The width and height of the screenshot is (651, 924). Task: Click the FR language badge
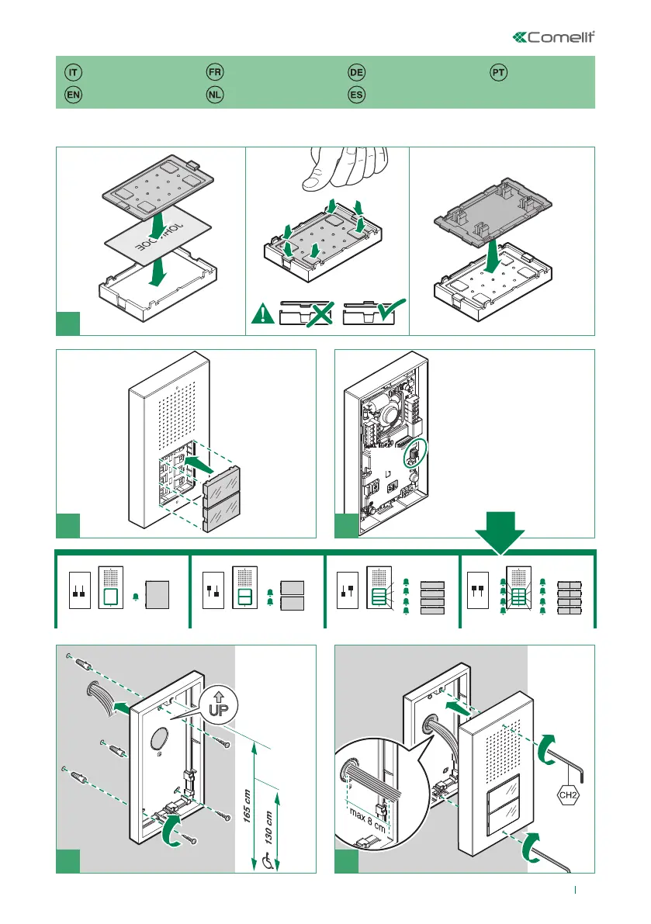(x=215, y=72)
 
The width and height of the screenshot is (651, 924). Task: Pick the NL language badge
(x=215, y=95)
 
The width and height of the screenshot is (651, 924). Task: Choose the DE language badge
(x=356, y=72)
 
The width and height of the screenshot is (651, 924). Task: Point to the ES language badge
(x=356, y=95)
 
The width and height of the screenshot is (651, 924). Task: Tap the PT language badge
(x=499, y=72)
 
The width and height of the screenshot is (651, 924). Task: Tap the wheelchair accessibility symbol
(x=268, y=860)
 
